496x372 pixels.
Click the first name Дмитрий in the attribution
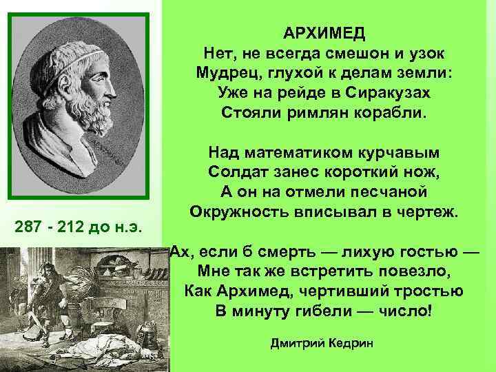tap(296, 343)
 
